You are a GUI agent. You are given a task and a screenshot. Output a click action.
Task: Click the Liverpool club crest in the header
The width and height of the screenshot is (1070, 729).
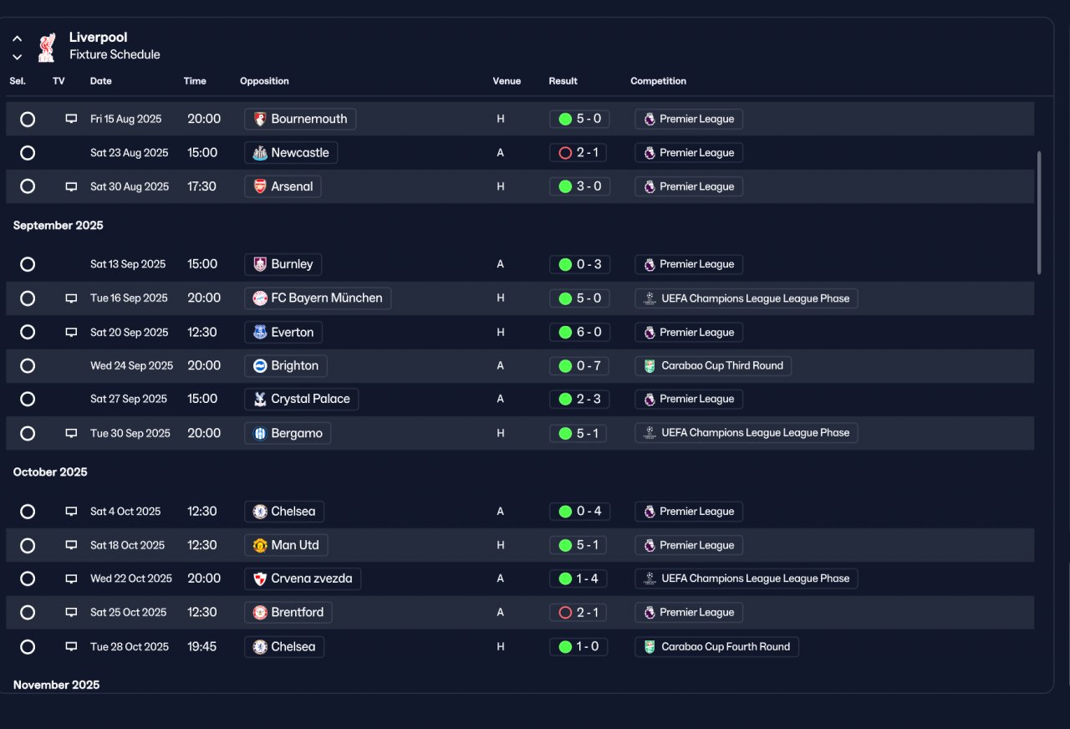(x=47, y=47)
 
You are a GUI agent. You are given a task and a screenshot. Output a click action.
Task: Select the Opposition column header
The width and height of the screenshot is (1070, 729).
(x=264, y=81)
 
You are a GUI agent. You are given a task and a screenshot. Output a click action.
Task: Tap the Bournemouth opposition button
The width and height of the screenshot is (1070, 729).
(x=300, y=119)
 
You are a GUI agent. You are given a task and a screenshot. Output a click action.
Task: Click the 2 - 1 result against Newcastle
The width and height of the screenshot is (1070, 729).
(x=578, y=153)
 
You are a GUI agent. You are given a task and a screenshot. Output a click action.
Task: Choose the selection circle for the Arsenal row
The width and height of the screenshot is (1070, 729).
(x=28, y=186)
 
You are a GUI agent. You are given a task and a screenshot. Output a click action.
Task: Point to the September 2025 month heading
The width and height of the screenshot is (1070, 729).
(x=59, y=226)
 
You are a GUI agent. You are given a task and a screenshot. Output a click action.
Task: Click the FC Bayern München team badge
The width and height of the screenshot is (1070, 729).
(x=260, y=298)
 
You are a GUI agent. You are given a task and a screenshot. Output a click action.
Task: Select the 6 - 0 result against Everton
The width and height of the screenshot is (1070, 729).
(x=579, y=332)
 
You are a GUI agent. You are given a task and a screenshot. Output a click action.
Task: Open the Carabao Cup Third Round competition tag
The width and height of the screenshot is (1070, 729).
(x=713, y=366)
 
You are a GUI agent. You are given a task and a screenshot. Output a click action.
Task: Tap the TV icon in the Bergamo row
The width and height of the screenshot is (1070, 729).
(x=71, y=433)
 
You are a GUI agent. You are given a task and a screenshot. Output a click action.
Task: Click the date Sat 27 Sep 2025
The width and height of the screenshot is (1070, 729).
(x=129, y=399)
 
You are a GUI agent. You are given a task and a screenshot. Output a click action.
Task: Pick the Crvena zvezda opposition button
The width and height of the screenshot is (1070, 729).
(x=303, y=579)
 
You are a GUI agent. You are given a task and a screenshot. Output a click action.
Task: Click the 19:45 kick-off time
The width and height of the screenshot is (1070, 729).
(x=201, y=647)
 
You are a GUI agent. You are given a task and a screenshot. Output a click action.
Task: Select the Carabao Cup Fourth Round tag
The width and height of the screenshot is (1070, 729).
(x=716, y=647)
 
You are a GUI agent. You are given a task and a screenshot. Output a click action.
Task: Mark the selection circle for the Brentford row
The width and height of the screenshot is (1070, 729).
(x=28, y=613)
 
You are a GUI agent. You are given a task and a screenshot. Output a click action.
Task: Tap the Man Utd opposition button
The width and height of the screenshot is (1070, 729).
(x=286, y=545)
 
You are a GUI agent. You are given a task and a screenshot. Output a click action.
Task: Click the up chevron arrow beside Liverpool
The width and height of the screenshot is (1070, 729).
(x=18, y=38)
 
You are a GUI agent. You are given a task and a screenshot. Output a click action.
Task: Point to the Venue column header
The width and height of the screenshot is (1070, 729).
(x=507, y=81)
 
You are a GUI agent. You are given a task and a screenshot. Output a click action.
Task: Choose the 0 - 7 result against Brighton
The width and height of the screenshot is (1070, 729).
(x=579, y=366)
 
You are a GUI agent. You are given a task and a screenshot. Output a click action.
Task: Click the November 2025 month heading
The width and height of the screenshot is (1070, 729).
(x=56, y=685)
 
